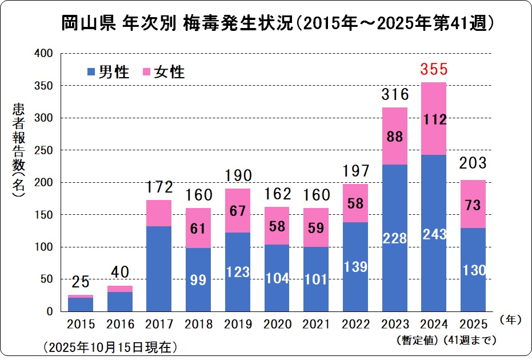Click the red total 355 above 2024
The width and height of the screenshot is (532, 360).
point(433,71)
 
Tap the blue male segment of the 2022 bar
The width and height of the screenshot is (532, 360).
point(354,266)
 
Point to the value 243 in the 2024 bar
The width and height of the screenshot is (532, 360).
point(433,234)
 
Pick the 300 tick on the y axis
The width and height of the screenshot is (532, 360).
point(45,118)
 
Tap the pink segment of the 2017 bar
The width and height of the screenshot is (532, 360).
point(158,213)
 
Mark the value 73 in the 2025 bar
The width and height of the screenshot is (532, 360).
point(473,205)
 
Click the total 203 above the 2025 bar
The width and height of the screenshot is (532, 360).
point(473,163)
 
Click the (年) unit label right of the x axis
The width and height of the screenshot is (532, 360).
point(510,321)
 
